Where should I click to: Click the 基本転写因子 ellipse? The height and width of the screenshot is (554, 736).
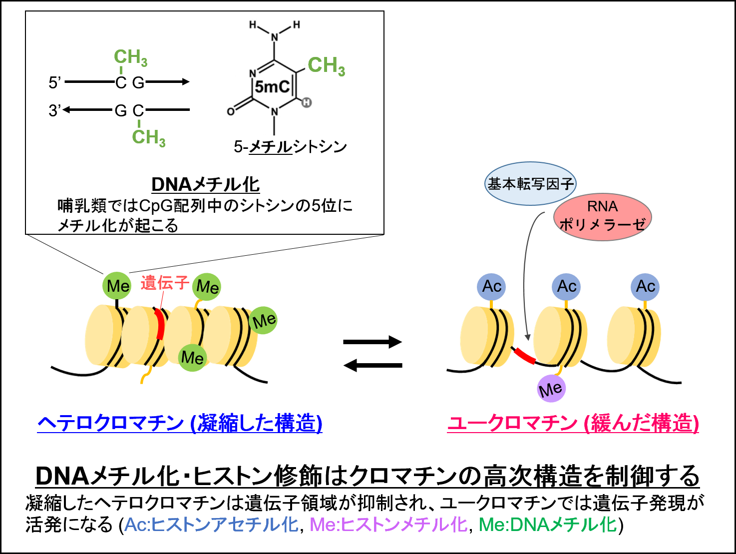click(530, 183)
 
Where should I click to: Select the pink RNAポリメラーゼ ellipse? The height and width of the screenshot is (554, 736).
click(602, 216)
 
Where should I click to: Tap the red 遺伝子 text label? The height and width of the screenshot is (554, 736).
click(164, 283)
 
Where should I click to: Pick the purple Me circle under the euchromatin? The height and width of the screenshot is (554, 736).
click(551, 389)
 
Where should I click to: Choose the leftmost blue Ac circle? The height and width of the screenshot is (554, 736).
click(492, 287)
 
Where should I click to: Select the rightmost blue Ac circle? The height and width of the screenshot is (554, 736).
click(645, 287)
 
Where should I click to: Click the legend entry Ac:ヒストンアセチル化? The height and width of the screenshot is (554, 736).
click(211, 525)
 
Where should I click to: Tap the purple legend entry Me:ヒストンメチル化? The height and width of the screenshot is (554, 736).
click(388, 525)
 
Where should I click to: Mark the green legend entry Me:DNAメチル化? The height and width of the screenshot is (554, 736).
click(548, 525)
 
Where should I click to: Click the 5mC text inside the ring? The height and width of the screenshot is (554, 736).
click(272, 87)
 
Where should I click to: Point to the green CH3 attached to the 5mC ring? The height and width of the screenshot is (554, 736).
click(326, 65)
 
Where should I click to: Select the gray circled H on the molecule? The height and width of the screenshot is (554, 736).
click(307, 102)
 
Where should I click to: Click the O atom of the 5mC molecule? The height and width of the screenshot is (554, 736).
click(231, 111)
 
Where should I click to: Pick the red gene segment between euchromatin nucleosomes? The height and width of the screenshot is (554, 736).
click(524, 356)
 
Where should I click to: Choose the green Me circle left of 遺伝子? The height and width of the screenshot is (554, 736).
click(117, 286)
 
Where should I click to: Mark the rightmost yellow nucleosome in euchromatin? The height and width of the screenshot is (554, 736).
click(634, 336)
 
